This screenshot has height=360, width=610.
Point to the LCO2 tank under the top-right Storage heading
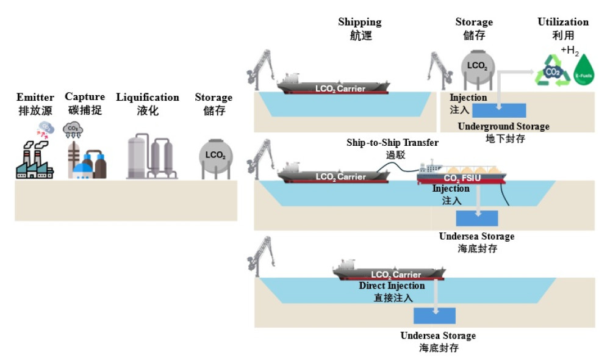[x=476, y=67]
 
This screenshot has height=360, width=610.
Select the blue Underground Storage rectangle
[x=499, y=110]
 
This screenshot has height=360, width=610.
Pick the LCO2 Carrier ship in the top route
[x=333, y=86]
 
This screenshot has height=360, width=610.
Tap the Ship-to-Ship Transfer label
[x=392, y=143]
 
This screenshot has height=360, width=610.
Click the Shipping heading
[x=359, y=22]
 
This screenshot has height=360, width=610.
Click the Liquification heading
[x=148, y=98]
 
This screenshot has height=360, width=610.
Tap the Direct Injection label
[x=392, y=286]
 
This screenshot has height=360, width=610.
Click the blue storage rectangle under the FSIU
[x=477, y=218]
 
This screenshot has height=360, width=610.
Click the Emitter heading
[x=35, y=98]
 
